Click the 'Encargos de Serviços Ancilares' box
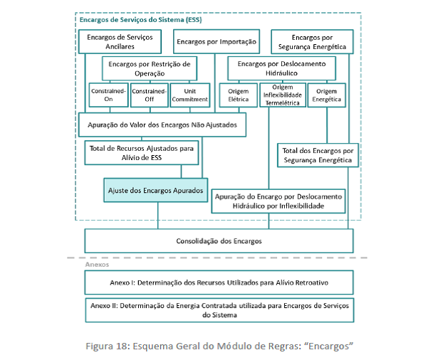120,41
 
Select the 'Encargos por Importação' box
217,41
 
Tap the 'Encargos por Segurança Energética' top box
312,41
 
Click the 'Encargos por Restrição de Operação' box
150,68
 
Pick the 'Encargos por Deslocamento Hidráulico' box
281,68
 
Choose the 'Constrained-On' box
109,95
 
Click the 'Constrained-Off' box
150,95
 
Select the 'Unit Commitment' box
190,95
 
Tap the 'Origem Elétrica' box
239,95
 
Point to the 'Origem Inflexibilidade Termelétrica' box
283,95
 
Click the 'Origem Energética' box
327,95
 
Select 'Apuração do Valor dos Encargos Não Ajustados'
162,125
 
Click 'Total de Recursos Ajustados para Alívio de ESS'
142,153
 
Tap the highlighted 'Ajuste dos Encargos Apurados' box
155,190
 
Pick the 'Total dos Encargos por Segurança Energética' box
318,155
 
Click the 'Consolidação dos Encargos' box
219,241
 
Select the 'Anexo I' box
219,282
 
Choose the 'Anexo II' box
219,310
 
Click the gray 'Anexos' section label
97,265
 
